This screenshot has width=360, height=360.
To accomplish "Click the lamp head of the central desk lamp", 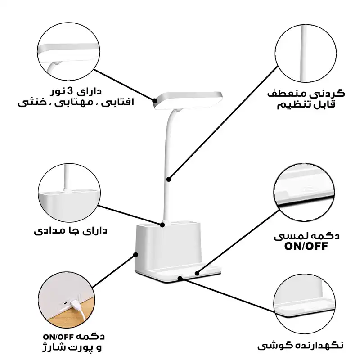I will tap(189, 100).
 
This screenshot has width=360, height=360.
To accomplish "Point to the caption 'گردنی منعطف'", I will tap(306, 94).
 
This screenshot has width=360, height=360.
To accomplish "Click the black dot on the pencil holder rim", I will tap(162, 224).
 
